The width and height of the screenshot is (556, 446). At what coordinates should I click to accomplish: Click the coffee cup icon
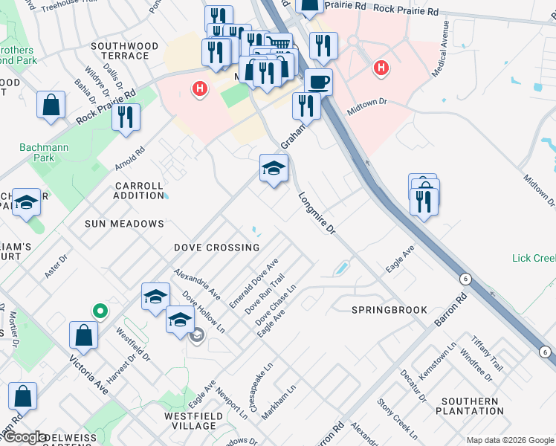click(318, 82)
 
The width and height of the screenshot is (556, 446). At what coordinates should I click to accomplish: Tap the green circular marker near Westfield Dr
click(98, 310)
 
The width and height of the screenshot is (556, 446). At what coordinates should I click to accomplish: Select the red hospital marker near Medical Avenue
click(381, 69)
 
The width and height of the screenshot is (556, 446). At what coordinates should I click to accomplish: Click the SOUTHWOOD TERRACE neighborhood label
click(125, 51)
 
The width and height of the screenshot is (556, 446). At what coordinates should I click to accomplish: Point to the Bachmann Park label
click(44, 152)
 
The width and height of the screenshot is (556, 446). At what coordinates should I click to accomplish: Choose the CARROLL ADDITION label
click(139, 191)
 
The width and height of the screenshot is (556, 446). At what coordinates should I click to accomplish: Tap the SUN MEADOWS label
click(124, 224)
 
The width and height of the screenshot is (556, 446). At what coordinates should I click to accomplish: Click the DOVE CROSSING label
click(217, 248)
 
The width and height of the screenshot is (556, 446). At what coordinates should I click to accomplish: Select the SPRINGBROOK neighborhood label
click(389, 310)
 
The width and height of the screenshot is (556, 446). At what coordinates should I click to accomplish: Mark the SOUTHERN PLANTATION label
click(468, 406)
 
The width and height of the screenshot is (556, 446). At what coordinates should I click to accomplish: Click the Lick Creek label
click(534, 259)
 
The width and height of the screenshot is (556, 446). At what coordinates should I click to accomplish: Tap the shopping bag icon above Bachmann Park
click(51, 106)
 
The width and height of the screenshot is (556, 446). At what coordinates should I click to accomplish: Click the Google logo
click(24, 437)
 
